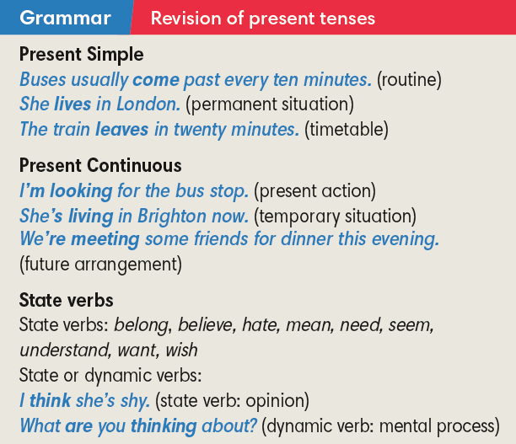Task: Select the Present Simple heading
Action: (81, 56)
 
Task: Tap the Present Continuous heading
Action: (99, 166)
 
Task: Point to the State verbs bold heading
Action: (66, 301)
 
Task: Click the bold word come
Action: (156, 81)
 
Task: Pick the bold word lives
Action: (73, 105)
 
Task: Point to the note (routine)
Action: (409, 81)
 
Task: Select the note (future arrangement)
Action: (99, 265)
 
